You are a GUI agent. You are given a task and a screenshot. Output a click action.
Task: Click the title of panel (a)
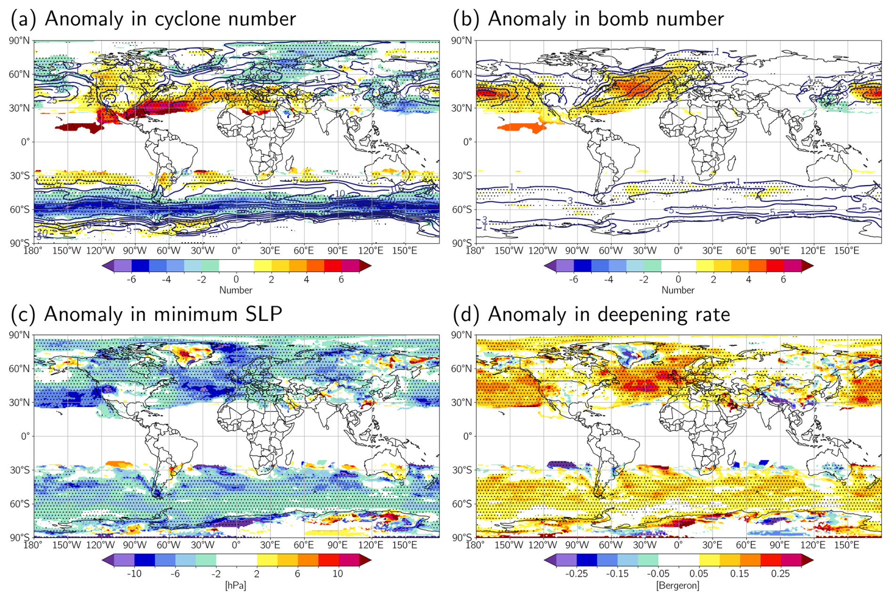153,19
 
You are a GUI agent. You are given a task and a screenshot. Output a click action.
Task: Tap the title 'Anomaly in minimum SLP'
146,314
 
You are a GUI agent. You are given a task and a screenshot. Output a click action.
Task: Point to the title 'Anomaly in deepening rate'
591,314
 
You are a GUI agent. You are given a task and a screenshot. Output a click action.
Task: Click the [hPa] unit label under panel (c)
235,585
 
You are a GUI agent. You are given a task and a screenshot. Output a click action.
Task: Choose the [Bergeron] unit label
678,585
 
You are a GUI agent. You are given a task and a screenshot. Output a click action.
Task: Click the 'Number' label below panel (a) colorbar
235,290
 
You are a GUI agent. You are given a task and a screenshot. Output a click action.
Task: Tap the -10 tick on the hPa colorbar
134,574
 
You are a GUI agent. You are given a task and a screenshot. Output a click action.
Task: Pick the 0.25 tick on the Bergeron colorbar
780,574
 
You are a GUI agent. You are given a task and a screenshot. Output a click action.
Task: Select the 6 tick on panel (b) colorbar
783,279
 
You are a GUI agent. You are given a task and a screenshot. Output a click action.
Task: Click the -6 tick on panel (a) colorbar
131,279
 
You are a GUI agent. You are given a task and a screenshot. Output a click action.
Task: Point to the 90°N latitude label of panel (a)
19,41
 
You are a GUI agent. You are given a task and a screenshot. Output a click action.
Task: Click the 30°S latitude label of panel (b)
462,176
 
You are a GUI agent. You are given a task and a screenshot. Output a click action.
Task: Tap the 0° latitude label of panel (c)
25,436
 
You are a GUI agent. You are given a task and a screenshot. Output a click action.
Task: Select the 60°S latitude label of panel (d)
462,504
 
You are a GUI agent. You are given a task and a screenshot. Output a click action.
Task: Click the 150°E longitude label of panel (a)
405,250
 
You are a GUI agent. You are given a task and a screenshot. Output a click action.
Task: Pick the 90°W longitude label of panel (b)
576,250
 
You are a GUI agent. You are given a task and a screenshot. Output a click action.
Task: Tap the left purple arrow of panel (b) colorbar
549,266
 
